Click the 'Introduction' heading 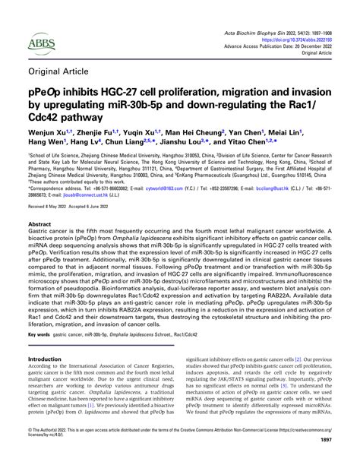pos(45,359)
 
